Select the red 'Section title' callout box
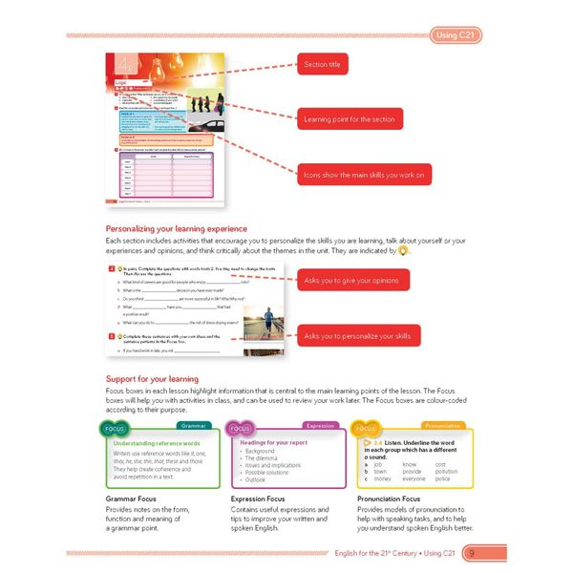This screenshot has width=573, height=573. pos(322,65)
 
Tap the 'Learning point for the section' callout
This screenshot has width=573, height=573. pos(350,119)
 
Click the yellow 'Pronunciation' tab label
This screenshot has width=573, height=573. pos(444,426)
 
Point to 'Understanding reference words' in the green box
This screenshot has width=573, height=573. pos(156,444)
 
